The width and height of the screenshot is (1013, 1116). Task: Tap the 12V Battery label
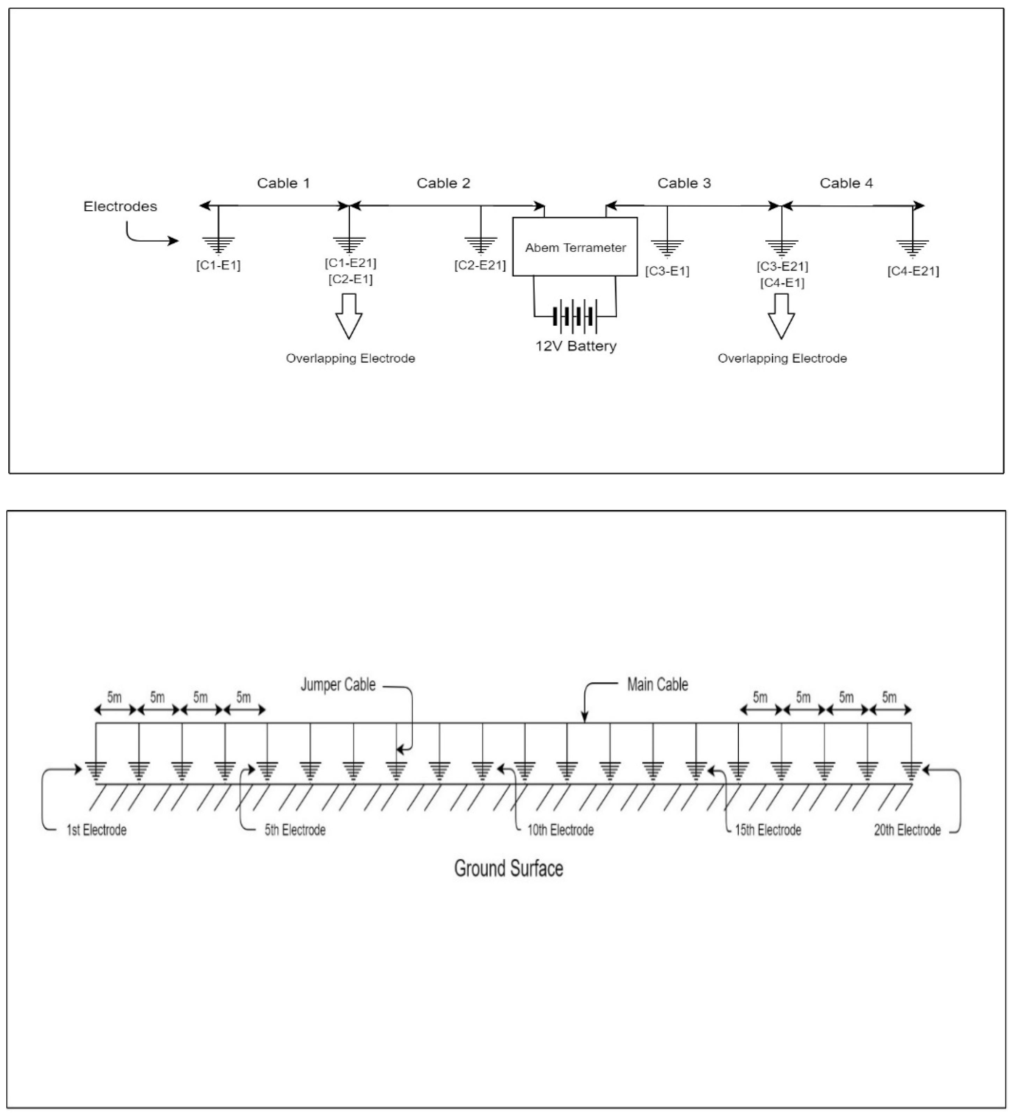575,346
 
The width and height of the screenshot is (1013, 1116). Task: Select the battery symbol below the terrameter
575,317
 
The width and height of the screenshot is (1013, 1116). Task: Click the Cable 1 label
283,183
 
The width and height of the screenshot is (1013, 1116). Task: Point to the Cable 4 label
846,183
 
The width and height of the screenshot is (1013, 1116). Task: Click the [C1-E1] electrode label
218,266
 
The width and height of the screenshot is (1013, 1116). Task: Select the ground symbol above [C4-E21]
912,247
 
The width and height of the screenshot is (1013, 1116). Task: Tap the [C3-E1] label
667,271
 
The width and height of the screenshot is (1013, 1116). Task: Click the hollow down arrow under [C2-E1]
349,316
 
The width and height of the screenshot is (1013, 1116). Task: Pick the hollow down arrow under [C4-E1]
781,316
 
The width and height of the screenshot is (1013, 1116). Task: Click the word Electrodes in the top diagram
120,207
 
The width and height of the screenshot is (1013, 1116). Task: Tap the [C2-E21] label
480,266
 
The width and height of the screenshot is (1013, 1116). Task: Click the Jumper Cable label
338,685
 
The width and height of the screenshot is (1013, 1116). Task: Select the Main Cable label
657,685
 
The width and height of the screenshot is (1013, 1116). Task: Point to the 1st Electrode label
96,830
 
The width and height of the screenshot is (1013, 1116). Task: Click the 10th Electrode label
560,830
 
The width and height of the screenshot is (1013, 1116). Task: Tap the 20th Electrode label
907,830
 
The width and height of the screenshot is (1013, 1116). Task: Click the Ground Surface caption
509,869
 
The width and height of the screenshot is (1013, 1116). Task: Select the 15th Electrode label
767,830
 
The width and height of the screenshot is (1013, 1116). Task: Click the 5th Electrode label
295,830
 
